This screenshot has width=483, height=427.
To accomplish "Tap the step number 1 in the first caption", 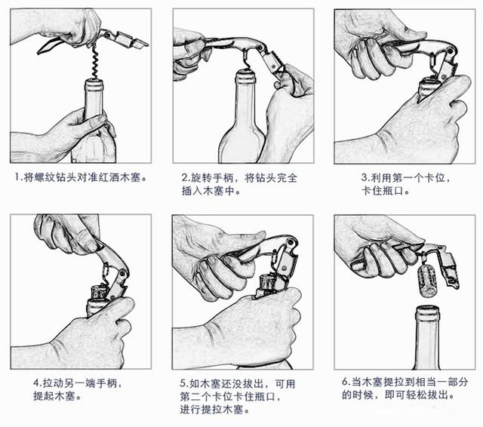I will [17, 178].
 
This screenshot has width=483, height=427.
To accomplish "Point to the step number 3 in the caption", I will [364, 178].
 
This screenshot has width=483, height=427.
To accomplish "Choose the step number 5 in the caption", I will [183, 382].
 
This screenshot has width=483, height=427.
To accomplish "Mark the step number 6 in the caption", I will [344, 382].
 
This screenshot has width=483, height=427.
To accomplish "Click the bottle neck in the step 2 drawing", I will [241, 98].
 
